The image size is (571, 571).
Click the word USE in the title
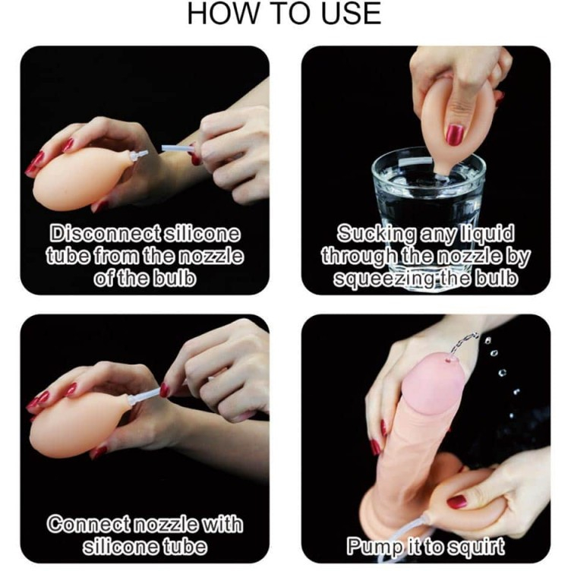[x=351, y=14]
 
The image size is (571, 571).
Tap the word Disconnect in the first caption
[x=105, y=233]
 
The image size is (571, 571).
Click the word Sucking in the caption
[x=376, y=234]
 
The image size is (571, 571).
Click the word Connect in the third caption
[x=90, y=524]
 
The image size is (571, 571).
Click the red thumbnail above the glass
[x=455, y=134]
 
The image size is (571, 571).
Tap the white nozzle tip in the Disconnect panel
[x=140, y=155]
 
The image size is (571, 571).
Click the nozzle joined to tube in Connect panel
[x=144, y=396]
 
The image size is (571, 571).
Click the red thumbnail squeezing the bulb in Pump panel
[x=457, y=502]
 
